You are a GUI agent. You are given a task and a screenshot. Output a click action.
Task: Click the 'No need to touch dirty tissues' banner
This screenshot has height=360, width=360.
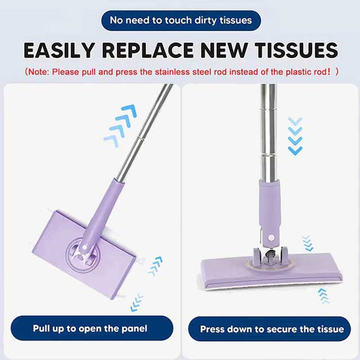coord(180,20)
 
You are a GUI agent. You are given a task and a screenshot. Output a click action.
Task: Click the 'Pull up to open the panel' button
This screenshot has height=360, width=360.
coord(90,329)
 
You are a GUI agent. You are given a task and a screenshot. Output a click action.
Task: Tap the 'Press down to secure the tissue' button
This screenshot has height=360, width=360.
coord(270,330)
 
